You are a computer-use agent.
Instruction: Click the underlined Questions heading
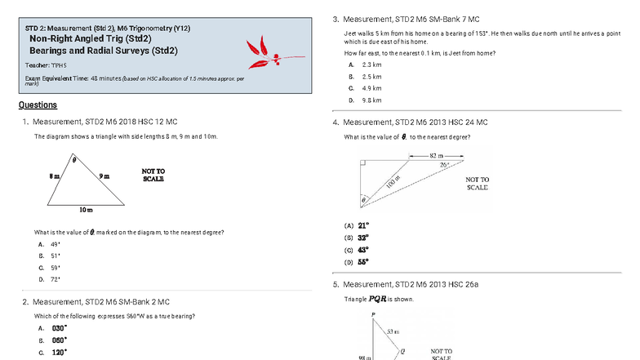(x=38, y=105)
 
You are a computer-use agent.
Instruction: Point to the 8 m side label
(x=53, y=176)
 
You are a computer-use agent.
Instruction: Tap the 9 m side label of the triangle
(x=104, y=176)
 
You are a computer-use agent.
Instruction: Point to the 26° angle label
(x=444, y=165)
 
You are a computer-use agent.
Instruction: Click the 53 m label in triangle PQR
(x=393, y=331)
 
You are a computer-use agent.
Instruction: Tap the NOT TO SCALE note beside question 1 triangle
(x=153, y=175)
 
